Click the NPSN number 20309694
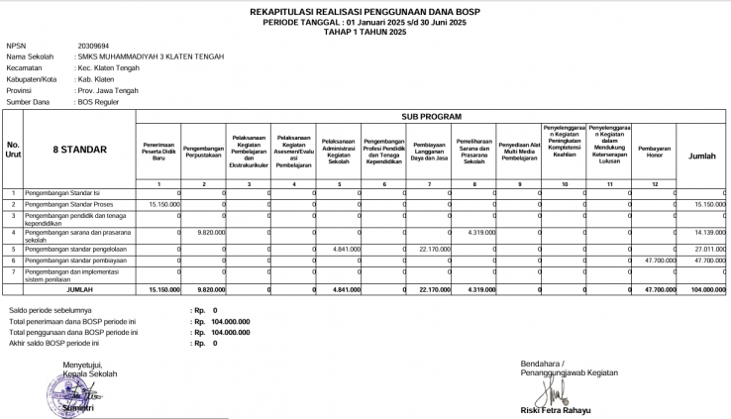pyautogui.click(x=93, y=46)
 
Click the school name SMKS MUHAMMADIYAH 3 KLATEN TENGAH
pyautogui.click(x=152, y=56)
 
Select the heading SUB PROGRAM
pyautogui.click(x=431, y=116)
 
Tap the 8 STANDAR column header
pyautogui.click(x=79, y=151)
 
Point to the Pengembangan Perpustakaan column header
pyautogui.click(x=203, y=151)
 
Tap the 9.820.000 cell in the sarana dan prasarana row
pyautogui.click(x=211, y=231)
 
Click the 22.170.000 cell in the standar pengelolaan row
pyautogui.click(x=435, y=249)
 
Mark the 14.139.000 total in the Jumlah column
pyautogui.click(x=710, y=231)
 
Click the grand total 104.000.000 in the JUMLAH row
pyautogui.click(x=708, y=289)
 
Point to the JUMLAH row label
pyautogui.click(x=79, y=289)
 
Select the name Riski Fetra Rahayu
pyautogui.click(x=556, y=409)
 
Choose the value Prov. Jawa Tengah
pyautogui.click(x=108, y=90)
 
